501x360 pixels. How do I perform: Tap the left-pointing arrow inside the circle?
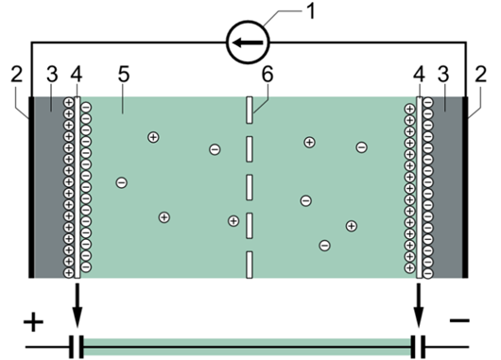tap(248, 43)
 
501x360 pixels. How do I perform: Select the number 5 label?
tap(124, 74)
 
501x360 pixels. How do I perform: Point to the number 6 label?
tap(268, 74)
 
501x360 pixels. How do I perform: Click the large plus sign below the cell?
tap(33, 321)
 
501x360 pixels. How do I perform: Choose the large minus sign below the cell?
tap(459, 319)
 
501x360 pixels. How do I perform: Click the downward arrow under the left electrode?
tap(77, 305)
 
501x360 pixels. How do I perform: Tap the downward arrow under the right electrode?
tap(419, 305)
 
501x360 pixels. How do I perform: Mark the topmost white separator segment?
tap(250, 110)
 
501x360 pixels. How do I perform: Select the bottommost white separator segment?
tap(250, 265)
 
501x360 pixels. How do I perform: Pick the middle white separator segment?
tap(250, 187)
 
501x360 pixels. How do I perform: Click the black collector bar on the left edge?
tap(31, 187)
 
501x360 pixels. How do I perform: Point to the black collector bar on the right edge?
tap(465, 187)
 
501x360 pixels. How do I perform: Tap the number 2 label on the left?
tap(17, 74)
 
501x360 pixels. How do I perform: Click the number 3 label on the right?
tap(443, 74)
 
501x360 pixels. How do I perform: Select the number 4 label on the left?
tap(77, 74)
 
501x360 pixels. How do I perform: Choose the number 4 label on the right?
tap(419, 74)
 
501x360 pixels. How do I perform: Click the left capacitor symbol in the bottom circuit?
tap(77, 347)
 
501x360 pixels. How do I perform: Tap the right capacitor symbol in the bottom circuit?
tap(418, 347)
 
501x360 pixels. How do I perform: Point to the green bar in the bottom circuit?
tap(248, 347)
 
